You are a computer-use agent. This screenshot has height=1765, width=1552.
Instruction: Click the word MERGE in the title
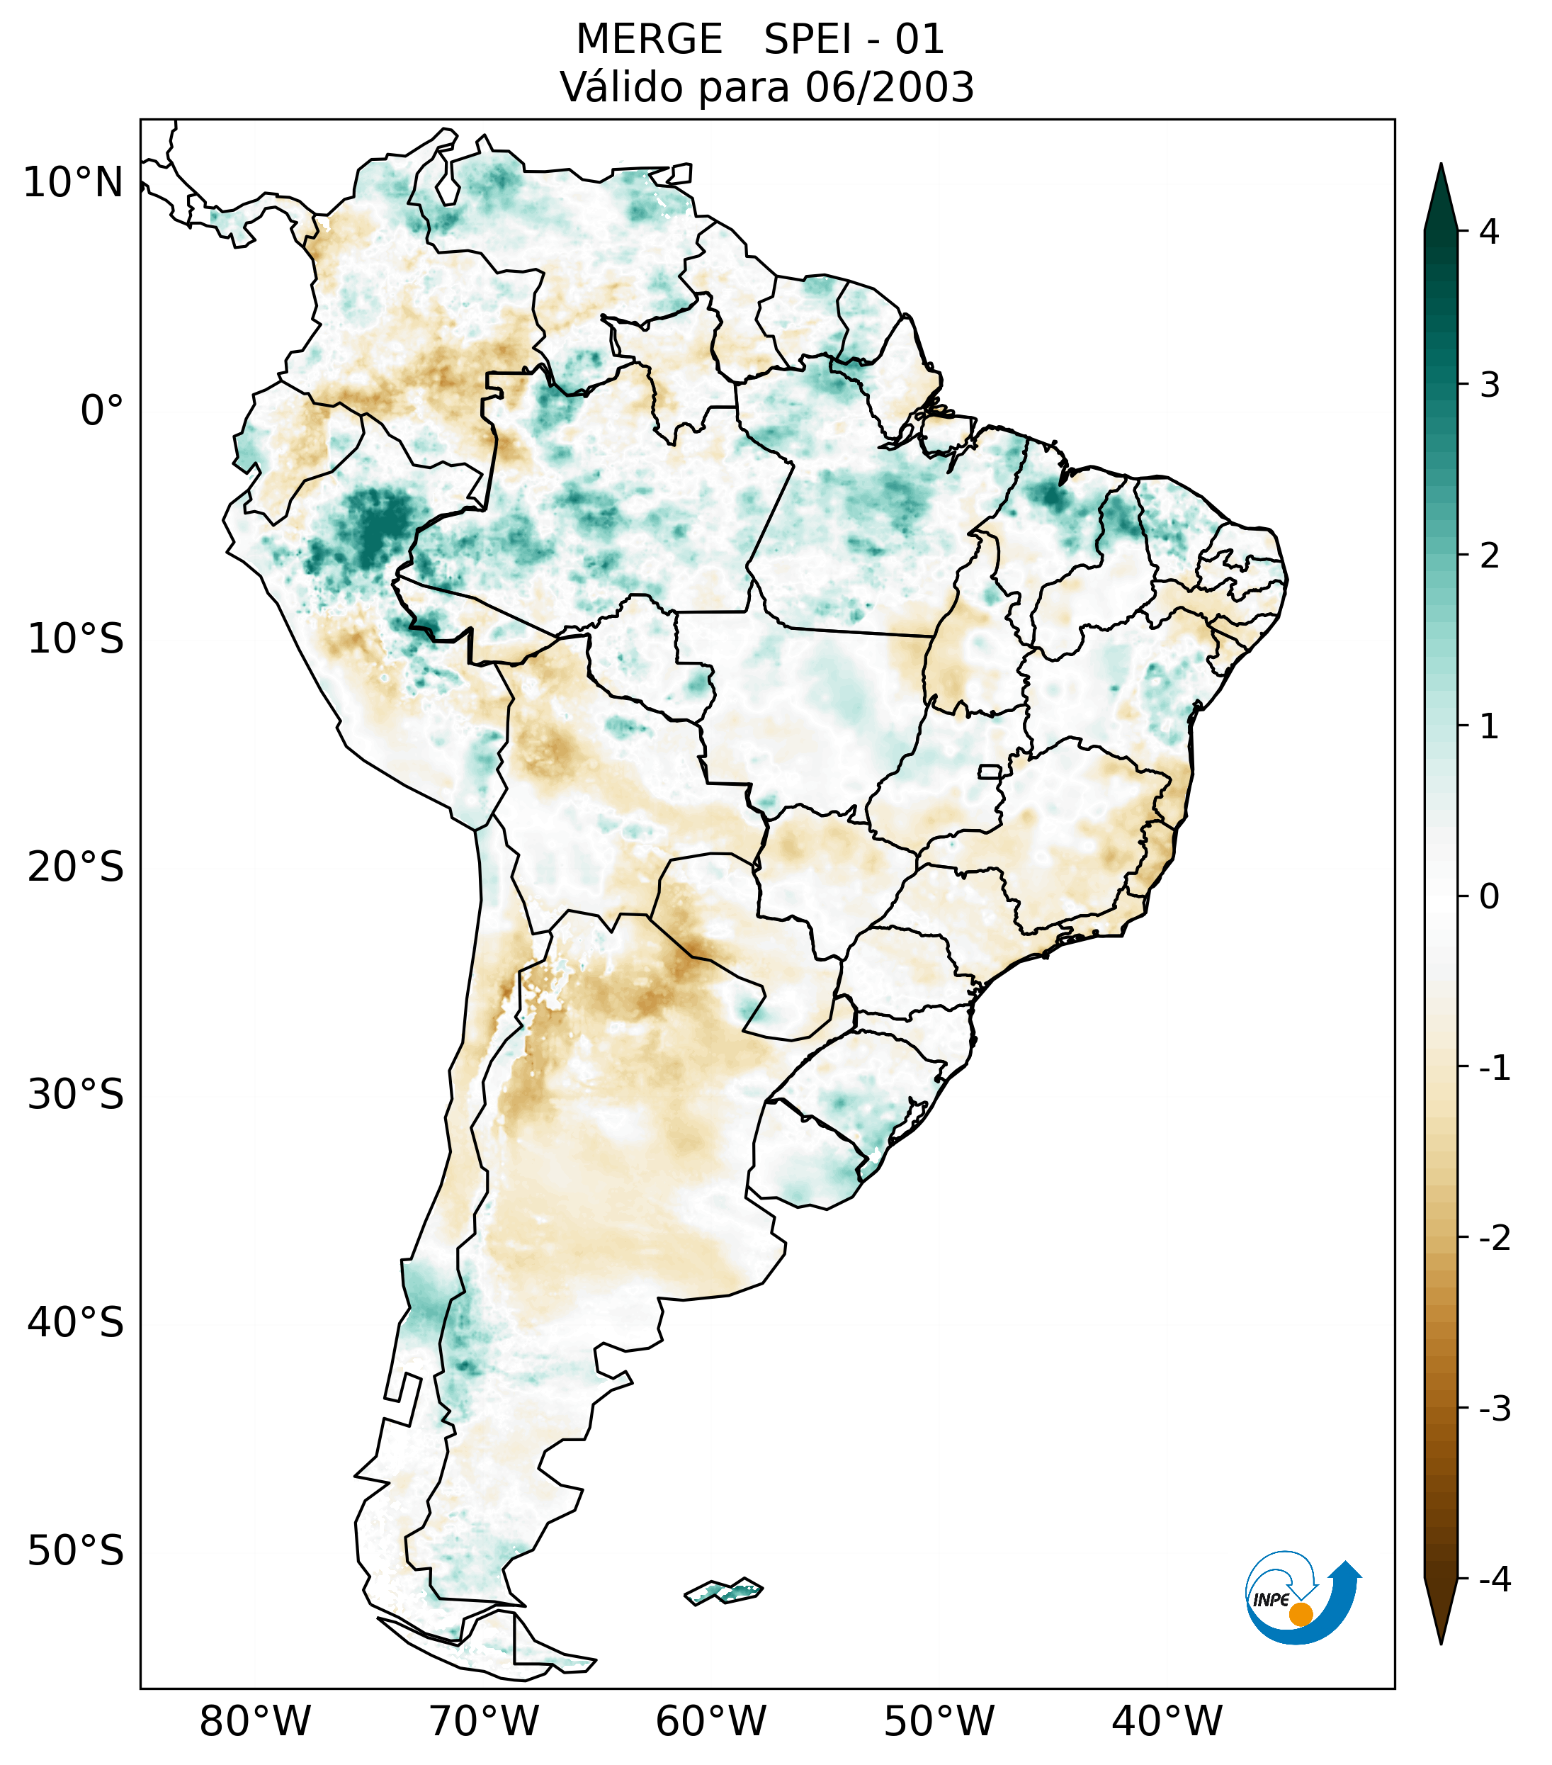coord(648,40)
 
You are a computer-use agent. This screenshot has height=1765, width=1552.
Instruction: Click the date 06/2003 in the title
coord(889,87)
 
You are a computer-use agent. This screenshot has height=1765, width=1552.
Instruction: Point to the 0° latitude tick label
coord(101,411)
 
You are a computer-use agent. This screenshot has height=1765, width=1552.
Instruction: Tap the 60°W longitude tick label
coord(710,1721)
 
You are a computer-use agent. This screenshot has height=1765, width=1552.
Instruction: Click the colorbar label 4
coord(1489,232)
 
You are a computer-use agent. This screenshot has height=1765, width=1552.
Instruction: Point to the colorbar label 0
coord(1489,897)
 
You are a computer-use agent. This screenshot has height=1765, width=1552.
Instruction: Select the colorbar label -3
coord(1494,1409)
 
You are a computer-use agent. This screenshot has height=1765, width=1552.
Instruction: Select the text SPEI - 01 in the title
coord(854,40)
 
